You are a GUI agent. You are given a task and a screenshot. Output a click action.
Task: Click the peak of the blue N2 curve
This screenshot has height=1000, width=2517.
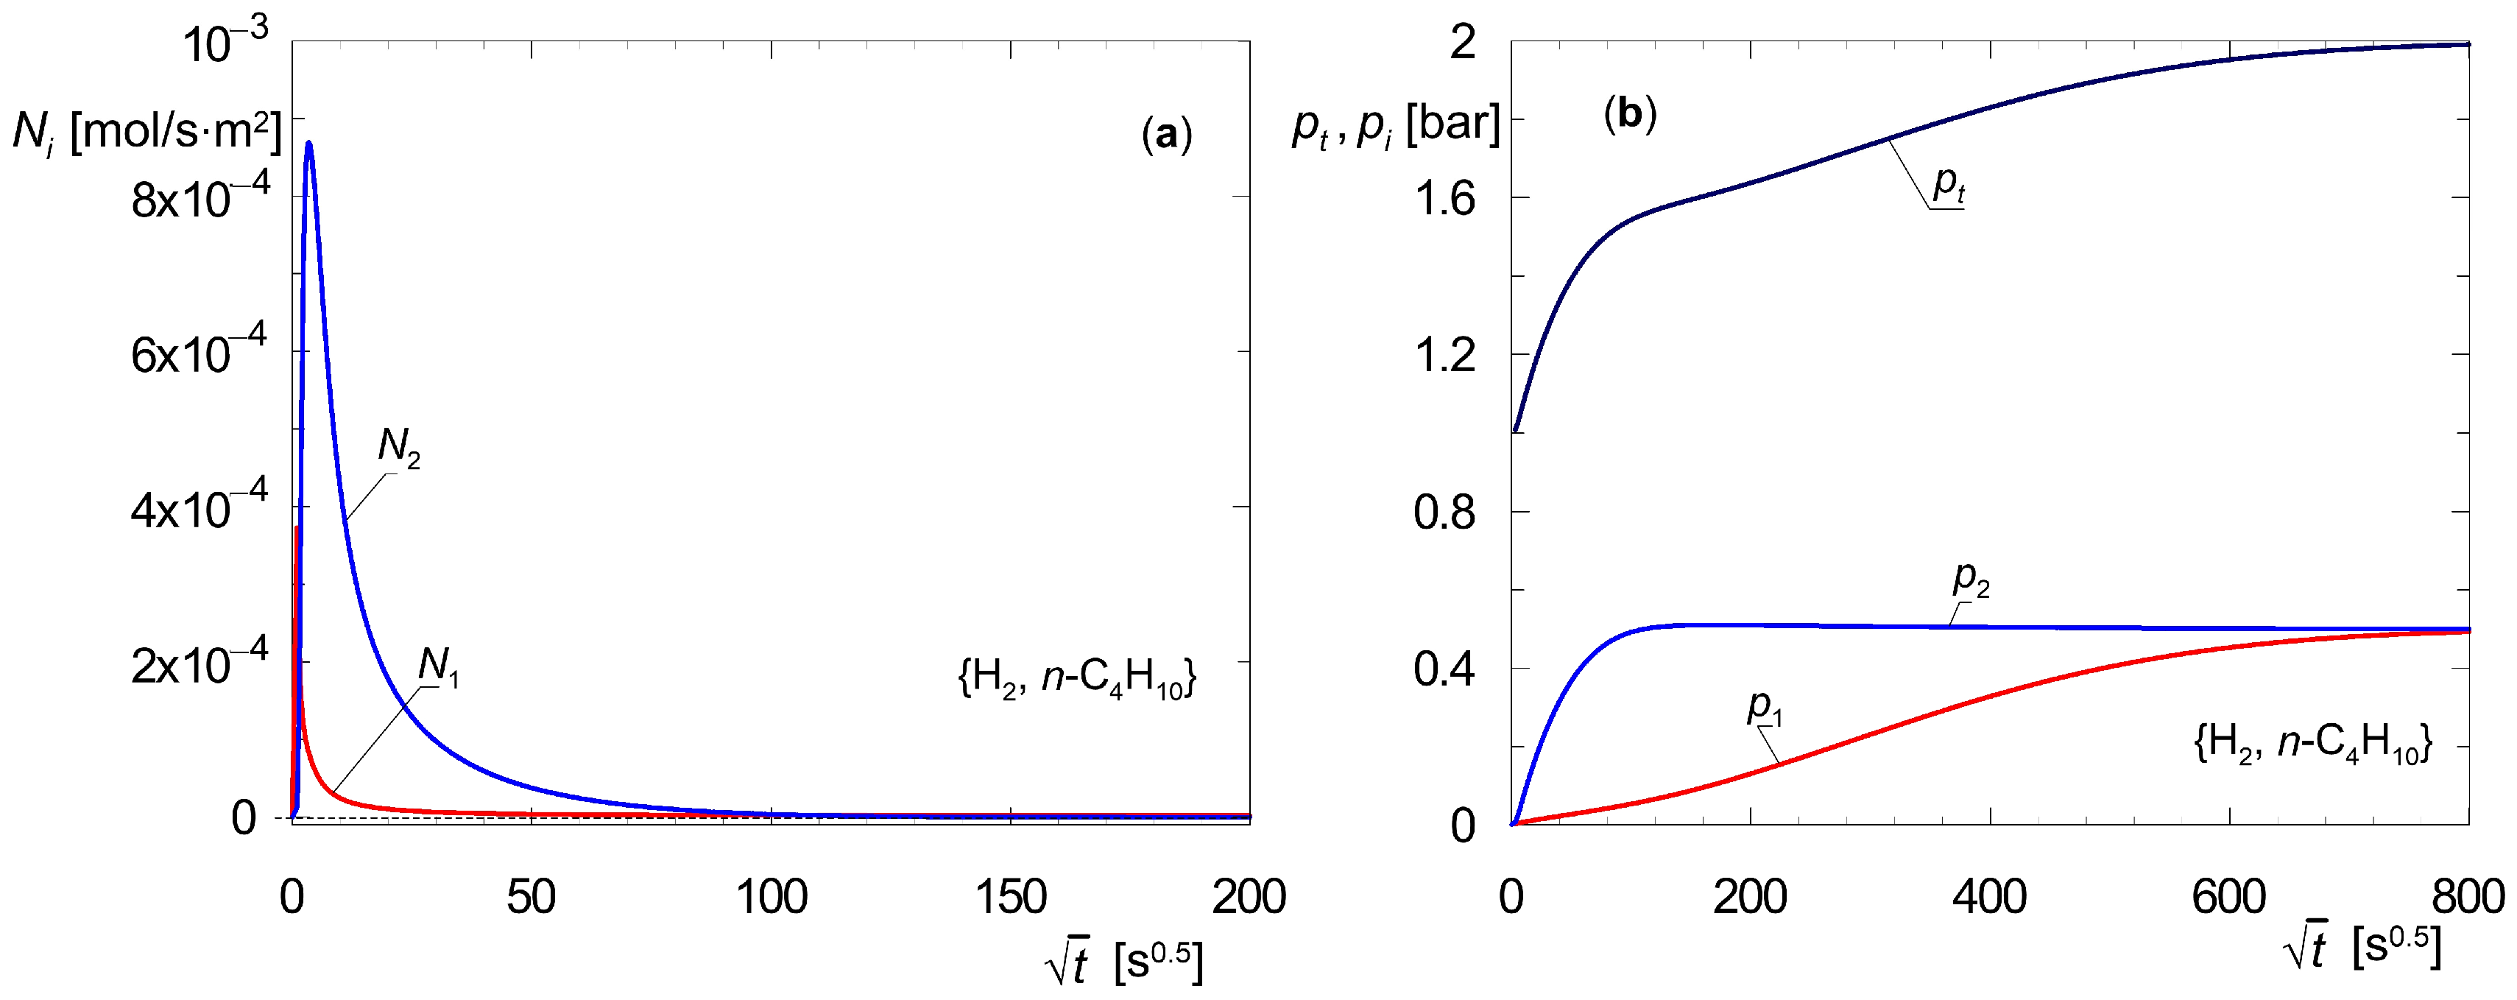308,144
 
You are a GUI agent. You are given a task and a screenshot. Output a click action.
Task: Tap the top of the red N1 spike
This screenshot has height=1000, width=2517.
296,529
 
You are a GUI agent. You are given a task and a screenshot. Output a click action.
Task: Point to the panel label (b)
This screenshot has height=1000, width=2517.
1630,114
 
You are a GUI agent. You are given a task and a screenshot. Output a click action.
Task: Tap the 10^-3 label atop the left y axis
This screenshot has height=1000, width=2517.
225,42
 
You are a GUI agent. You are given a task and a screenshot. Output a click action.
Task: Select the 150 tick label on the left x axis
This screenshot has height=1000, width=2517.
1010,896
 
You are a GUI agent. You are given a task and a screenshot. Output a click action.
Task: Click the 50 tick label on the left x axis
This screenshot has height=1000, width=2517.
531,896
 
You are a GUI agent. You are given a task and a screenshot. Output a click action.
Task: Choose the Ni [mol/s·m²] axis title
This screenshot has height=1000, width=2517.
146,131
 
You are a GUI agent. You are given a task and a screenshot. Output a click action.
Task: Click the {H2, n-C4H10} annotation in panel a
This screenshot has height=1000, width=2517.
1077,677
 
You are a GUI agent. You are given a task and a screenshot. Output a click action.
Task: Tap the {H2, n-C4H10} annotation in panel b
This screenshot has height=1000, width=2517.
2312,743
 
